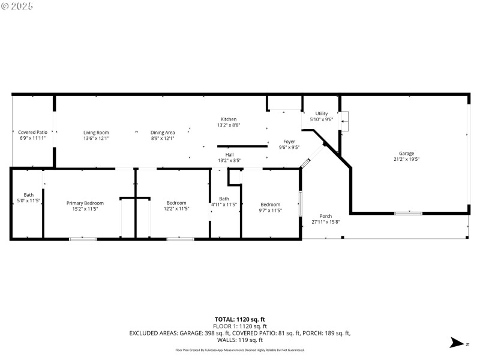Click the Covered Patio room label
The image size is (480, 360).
click(32, 132)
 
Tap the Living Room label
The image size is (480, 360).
click(96, 132)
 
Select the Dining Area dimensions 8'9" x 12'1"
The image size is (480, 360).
click(162, 139)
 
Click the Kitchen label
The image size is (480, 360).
click(229, 119)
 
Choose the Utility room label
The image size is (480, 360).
click(322, 113)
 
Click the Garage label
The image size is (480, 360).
click(406, 153)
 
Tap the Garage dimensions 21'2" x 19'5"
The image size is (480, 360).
click(406, 159)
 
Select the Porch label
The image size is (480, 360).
click(326, 216)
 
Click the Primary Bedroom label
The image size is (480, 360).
click(85, 203)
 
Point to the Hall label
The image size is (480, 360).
click(229, 155)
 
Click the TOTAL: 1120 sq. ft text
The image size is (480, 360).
click(239, 319)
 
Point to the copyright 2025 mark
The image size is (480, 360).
click(18, 6)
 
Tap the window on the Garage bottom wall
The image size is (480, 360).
click(408, 213)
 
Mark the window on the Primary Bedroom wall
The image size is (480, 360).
click(83, 239)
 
